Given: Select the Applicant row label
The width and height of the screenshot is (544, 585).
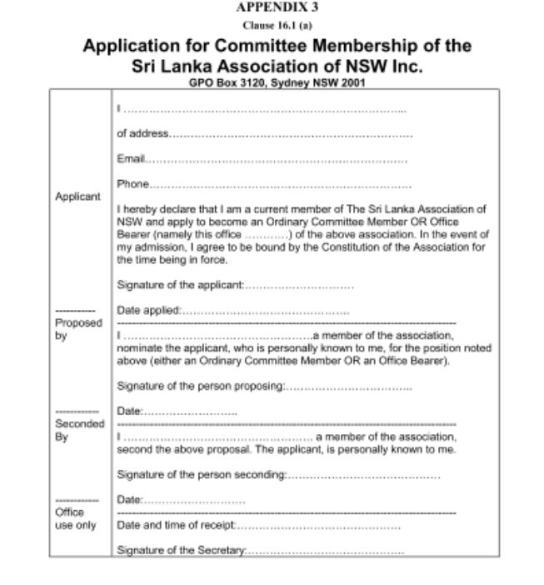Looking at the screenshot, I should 79,197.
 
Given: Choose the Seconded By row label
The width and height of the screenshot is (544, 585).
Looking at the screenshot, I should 79,430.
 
